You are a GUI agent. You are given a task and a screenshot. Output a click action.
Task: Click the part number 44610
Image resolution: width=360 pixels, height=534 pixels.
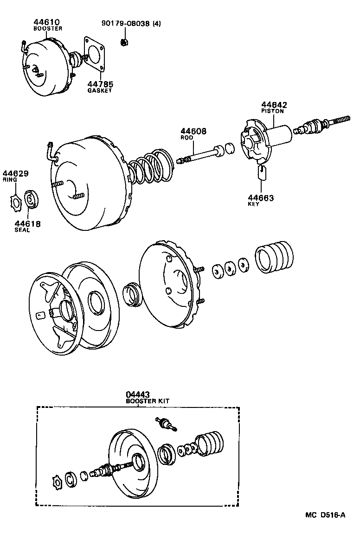47,22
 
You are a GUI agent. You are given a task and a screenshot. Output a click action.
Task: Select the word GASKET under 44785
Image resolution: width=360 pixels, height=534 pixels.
100,91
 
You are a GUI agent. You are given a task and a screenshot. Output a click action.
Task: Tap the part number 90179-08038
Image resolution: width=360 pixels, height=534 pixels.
127,24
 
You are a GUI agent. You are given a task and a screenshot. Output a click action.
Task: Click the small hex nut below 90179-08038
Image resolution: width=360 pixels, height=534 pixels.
124,43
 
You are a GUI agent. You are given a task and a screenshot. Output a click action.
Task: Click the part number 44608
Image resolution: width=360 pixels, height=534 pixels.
193,132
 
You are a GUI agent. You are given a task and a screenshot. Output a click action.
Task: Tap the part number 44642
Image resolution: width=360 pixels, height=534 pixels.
274,105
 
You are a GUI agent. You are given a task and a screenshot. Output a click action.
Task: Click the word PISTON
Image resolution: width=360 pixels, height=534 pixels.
272,111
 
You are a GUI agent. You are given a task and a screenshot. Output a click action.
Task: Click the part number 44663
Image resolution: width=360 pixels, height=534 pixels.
260,198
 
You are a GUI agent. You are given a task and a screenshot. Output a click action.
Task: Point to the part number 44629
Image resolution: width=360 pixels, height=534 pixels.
16,174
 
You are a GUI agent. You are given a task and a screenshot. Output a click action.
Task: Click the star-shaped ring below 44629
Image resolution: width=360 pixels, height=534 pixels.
16,202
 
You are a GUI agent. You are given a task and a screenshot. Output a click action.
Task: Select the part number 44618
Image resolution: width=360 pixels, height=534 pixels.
28,224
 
